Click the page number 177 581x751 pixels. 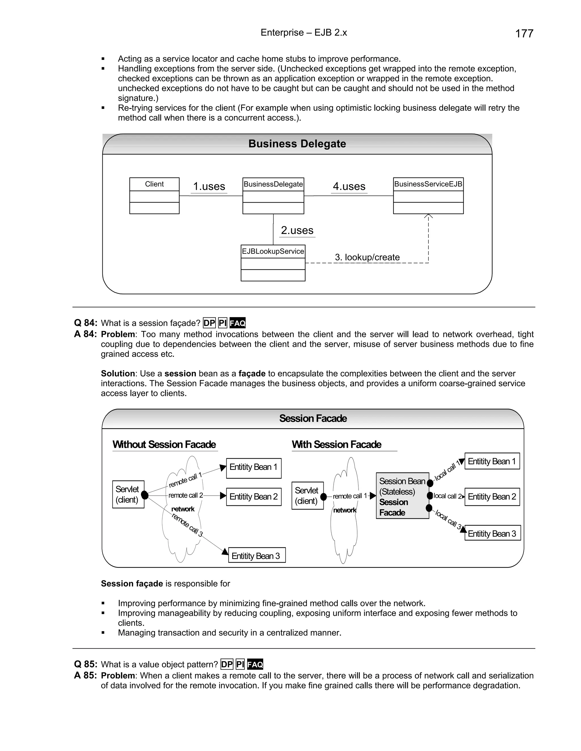tap(524, 34)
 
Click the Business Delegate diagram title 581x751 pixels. tap(297, 144)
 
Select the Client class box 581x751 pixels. tap(154, 195)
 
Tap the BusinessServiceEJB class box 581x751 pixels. tap(428, 195)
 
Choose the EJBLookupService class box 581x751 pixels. tap(273, 263)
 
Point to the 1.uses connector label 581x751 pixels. tap(209, 186)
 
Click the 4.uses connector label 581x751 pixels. tap(349, 186)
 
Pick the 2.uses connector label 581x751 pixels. tap(297, 230)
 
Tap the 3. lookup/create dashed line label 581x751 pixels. tap(367, 257)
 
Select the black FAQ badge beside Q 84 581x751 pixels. tap(237, 323)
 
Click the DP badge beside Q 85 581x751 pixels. tap(227, 664)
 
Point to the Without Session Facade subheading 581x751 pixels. tap(164, 445)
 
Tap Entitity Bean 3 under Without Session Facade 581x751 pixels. tap(257, 556)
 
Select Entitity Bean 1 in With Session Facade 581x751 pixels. tap(492, 461)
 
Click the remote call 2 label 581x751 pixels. tap(186, 495)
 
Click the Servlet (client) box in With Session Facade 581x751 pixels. tap(307, 495)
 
